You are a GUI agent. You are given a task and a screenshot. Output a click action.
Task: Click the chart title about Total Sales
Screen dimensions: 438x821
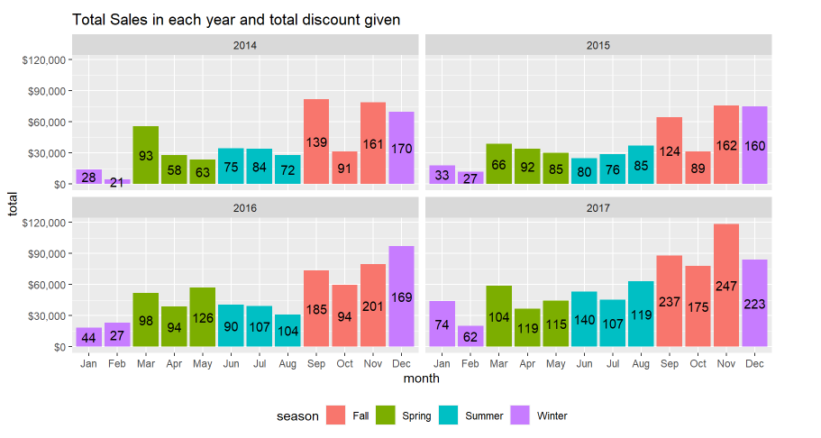click(236, 19)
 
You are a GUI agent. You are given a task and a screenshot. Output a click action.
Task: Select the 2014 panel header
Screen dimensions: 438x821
click(244, 45)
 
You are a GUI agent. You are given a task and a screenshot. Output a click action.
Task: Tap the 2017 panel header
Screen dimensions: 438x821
click(598, 208)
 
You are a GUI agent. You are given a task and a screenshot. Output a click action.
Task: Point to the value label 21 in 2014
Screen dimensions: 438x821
click(117, 184)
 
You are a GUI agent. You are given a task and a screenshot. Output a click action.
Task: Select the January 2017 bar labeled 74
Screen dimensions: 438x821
click(443, 324)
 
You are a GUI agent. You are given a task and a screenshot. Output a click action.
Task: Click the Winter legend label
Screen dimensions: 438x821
click(552, 416)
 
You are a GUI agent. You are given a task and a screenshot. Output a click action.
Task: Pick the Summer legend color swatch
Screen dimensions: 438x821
click(449, 415)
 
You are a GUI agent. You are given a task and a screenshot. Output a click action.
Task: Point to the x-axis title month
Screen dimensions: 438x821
click(421, 379)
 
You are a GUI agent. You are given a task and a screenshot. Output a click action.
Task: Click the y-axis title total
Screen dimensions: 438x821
click(13, 203)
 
